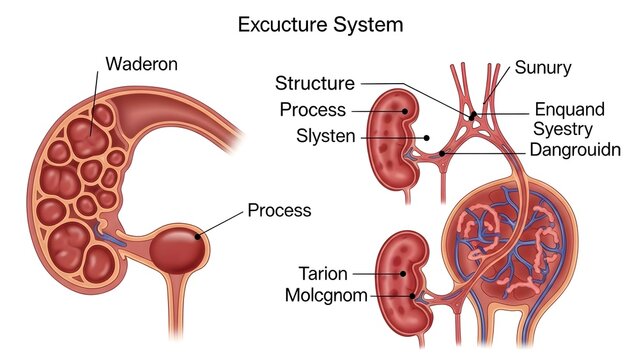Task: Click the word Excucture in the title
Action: coord(280,24)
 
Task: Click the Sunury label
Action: coord(543,68)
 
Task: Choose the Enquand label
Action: coord(570,109)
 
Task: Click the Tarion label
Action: coord(323,272)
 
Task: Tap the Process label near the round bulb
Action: coord(279,211)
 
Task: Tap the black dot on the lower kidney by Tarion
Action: coord(403,272)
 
